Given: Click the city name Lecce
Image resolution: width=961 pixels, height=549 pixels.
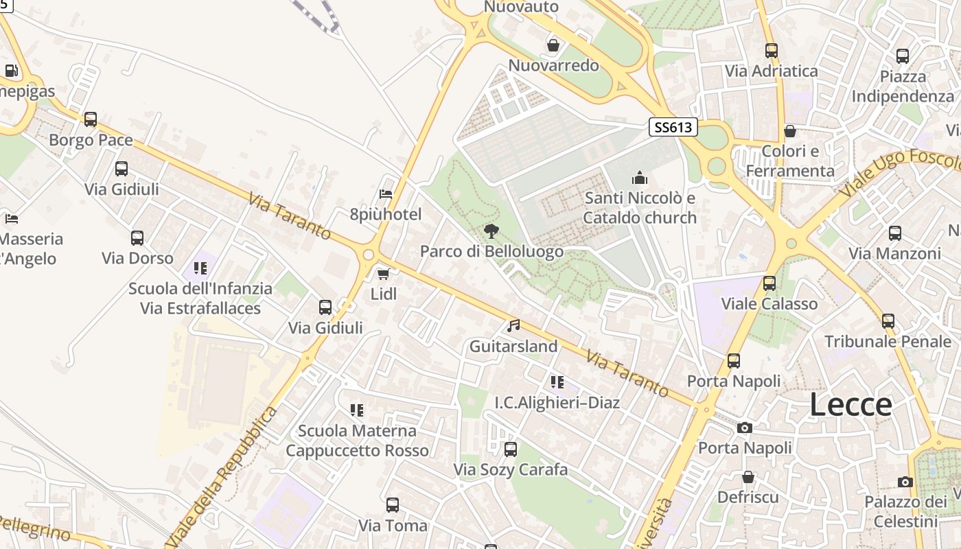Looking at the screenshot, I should (x=850, y=405).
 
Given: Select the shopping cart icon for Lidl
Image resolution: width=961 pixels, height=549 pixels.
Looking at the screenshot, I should (x=383, y=274).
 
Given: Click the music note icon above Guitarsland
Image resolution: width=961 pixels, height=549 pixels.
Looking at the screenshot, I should (x=513, y=326).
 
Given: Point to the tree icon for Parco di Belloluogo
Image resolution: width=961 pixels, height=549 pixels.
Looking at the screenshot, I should (x=491, y=231).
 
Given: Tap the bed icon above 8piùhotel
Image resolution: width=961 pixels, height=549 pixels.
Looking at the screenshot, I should (x=386, y=194).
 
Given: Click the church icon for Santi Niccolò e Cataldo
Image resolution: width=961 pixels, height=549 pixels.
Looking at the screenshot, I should (x=640, y=178).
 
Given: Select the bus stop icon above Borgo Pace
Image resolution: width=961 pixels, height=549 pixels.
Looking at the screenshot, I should (x=91, y=119).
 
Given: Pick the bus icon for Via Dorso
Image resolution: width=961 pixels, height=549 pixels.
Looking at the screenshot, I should (x=137, y=238).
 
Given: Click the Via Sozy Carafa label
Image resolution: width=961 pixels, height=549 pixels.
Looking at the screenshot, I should (x=511, y=469).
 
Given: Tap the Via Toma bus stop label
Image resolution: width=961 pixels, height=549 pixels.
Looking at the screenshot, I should (x=393, y=526).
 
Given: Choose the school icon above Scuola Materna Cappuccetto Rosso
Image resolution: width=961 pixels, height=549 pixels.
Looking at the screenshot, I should (x=356, y=410).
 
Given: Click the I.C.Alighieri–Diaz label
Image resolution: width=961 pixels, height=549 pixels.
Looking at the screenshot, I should (x=557, y=402).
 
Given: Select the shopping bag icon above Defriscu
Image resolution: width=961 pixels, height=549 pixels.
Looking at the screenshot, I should (x=748, y=476).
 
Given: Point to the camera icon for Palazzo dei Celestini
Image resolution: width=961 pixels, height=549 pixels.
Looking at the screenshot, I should (x=905, y=482).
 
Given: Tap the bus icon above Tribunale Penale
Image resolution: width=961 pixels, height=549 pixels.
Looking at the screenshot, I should (x=888, y=320).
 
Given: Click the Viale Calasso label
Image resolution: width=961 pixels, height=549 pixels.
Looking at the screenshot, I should (x=769, y=303).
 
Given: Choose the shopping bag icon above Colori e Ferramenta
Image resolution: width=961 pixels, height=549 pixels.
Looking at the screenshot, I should (x=790, y=130).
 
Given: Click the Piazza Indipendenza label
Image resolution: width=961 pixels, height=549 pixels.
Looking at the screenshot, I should (x=903, y=86).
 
